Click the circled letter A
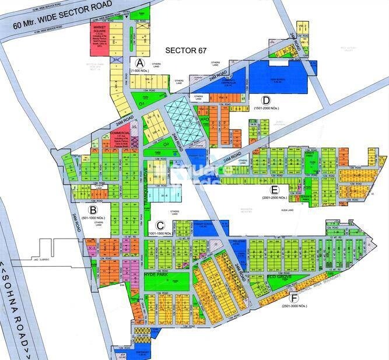140,62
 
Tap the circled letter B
92,209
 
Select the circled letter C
159,225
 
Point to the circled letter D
266,99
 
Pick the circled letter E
275,190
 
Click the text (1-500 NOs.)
141,71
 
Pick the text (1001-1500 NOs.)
160,233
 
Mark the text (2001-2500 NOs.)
276,198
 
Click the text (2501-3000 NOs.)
295,306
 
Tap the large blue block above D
280,76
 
